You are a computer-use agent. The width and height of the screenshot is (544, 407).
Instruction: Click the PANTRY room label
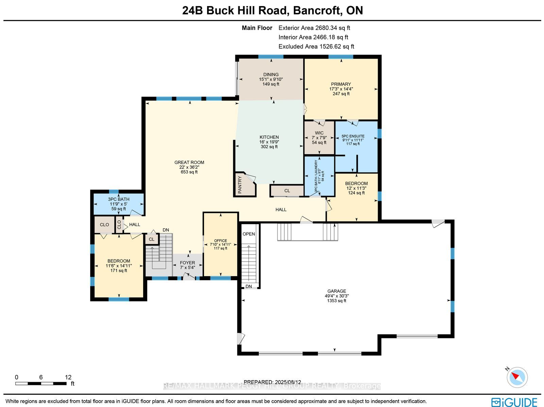pyautogui.click(x=240, y=185)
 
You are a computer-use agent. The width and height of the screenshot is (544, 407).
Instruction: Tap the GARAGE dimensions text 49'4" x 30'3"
pyautogui.click(x=337, y=296)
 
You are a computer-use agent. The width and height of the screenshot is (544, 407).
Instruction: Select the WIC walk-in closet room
pyautogui.click(x=319, y=138)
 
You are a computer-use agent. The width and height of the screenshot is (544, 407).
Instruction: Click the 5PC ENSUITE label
pyautogui.click(x=353, y=136)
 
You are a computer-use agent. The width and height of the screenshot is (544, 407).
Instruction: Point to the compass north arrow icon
pyautogui.click(x=517, y=377)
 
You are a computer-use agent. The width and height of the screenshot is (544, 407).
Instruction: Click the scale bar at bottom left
pyautogui.click(x=41, y=384)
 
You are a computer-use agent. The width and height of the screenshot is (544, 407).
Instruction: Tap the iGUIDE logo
pyautogui.click(x=514, y=402)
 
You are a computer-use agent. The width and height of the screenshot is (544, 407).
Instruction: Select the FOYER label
pyautogui.click(x=187, y=263)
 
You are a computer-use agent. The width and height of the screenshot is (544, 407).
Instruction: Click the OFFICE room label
pyautogui.click(x=221, y=241)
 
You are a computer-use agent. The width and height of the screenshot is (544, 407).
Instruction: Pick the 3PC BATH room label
pyautogui.click(x=119, y=199)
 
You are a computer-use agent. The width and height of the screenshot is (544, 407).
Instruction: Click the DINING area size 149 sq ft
pyautogui.click(x=271, y=84)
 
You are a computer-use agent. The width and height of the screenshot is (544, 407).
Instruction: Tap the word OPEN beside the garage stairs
pyautogui.click(x=249, y=234)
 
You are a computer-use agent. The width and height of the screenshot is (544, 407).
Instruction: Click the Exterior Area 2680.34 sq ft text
pyautogui.click(x=314, y=28)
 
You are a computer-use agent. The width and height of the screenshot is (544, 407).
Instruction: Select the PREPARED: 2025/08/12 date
pyautogui.click(x=272, y=382)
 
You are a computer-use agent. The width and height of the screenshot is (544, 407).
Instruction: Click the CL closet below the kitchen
pyautogui.click(x=287, y=191)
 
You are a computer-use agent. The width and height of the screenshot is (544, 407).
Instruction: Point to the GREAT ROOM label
pyautogui.click(x=189, y=162)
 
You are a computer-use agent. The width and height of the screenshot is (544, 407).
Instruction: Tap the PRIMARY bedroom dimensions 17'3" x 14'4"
pyautogui.click(x=341, y=89)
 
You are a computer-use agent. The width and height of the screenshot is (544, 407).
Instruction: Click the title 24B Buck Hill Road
pyautogui.click(x=235, y=11)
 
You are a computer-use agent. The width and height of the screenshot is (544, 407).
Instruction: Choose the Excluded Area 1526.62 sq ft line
pyautogui.click(x=316, y=46)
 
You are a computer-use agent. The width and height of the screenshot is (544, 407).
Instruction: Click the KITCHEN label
pyautogui.click(x=269, y=137)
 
